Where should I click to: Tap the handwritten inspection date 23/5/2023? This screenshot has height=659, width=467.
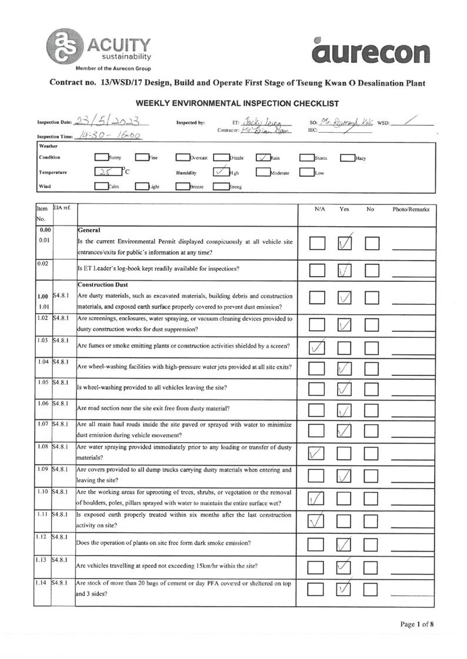click(x=110, y=121)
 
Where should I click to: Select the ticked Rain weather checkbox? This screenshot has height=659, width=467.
click(x=263, y=157)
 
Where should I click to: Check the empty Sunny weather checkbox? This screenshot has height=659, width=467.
click(x=102, y=157)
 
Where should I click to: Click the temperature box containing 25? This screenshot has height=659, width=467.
click(x=106, y=172)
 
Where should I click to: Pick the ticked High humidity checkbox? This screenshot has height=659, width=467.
click(x=220, y=172)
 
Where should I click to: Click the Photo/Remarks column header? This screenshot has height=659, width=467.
click(x=411, y=209)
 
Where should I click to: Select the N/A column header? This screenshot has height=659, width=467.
click(x=321, y=209)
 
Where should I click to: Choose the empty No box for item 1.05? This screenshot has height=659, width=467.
click(x=372, y=389)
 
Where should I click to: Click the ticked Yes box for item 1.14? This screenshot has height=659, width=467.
click(x=345, y=590)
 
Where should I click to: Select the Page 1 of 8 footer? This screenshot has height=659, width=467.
click(x=417, y=624)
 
